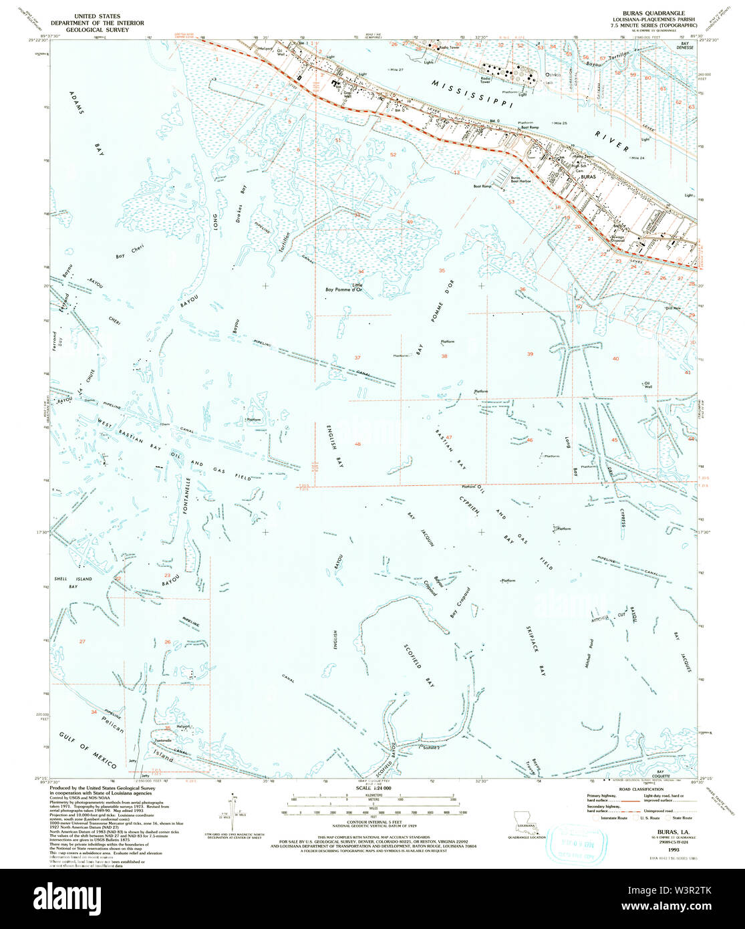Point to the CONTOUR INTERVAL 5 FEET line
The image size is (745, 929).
coord(371,821)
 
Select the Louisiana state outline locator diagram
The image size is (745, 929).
coord(525,820)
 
